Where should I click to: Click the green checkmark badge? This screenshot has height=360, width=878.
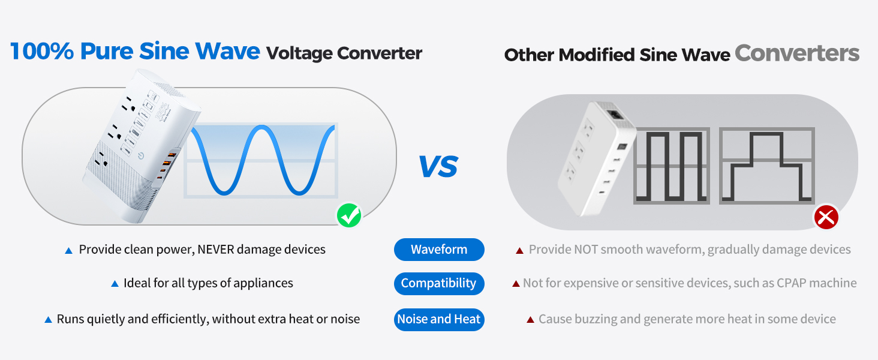tap(349, 215)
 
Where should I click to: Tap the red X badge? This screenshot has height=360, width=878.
tap(826, 217)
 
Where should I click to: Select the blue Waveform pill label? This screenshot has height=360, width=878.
tap(439, 250)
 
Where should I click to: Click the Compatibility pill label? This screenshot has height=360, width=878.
tap(439, 283)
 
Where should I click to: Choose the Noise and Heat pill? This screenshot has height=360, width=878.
tap(439, 319)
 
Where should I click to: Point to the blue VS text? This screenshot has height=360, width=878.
tap(438, 166)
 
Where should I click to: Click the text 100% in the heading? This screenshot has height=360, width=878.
tap(42, 52)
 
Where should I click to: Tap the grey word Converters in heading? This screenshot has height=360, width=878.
tap(797, 53)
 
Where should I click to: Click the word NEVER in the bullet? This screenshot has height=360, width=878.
tap(215, 250)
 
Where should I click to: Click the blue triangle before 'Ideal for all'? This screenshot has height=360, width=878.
tap(115, 284)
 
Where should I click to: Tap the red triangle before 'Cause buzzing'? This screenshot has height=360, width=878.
tap(530, 320)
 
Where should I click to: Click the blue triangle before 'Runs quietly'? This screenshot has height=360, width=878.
tap(48, 320)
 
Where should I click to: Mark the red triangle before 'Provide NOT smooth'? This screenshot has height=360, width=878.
tap(520, 250)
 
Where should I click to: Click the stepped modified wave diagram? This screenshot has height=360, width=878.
tap(766, 166)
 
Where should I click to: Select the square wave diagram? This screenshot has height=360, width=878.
tap(672, 166)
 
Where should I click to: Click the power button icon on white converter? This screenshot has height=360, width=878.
tap(141, 156)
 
